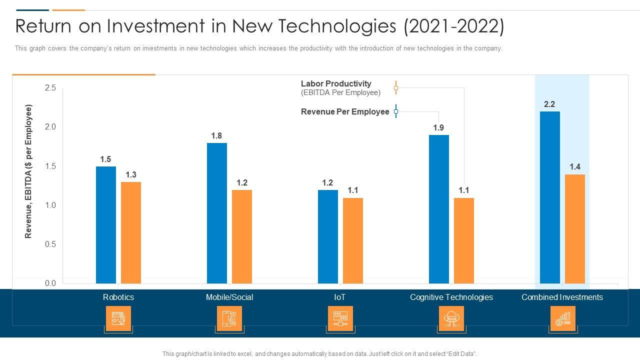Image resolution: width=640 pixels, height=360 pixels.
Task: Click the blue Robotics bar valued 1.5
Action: [x=106, y=225]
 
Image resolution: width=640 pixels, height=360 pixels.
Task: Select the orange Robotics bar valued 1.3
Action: [x=131, y=232]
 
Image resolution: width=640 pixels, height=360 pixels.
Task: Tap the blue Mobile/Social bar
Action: [x=217, y=213]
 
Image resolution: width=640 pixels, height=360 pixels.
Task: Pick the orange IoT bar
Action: [x=353, y=240]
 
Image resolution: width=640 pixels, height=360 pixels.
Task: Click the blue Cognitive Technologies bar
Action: [x=439, y=209]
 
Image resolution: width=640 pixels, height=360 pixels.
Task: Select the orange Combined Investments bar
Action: [x=575, y=228]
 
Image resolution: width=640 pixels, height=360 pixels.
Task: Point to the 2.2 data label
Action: [x=549, y=104]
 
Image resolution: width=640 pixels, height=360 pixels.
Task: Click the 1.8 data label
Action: [x=216, y=136]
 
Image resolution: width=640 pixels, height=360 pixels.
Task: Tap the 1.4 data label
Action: [x=574, y=167]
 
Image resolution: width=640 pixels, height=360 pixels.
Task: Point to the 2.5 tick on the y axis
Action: [x=50, y=88]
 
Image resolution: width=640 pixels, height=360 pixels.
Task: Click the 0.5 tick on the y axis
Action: [x=50, y=244]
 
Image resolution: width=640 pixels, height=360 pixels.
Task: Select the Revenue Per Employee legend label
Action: [x=345, y=112]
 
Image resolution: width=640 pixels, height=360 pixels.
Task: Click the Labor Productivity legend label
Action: [x=336, y=84]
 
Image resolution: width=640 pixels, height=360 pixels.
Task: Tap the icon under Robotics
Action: [x=118, y=318]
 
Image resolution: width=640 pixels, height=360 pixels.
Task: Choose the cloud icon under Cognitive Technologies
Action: [x=451, y=318]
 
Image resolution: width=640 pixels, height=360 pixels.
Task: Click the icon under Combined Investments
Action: [x=562, y=318]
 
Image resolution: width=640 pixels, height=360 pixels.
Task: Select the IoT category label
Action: [x=340, y=297]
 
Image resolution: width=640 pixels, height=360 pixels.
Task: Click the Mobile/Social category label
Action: [x=229, y=297]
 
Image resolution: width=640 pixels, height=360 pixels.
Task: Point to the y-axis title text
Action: [x=28, y=171]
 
